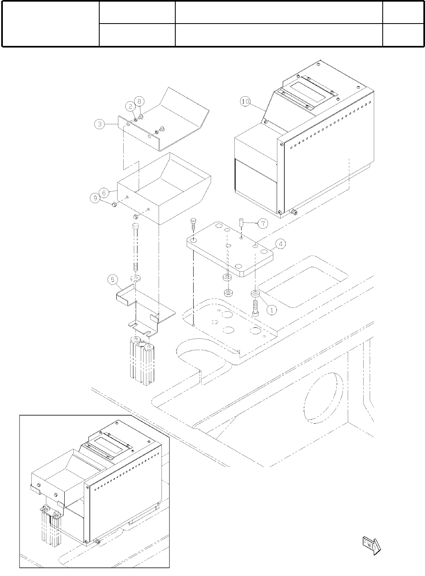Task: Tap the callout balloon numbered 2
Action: (131, 106)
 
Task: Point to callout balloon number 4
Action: (280, 244)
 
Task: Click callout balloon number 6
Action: (104, 192)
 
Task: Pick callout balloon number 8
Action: (139, 101)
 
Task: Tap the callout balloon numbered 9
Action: (95, 198)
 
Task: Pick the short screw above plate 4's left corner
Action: (194, 224)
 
